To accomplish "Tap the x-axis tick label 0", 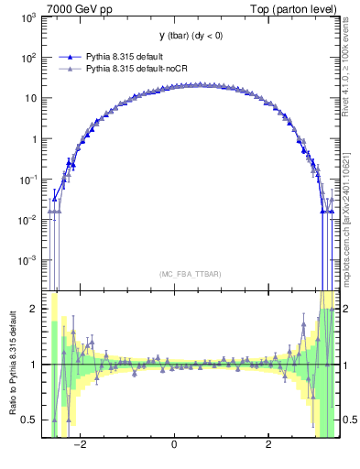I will click(x=174, y=447).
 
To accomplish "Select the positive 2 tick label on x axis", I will click(x=268, y=447).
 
